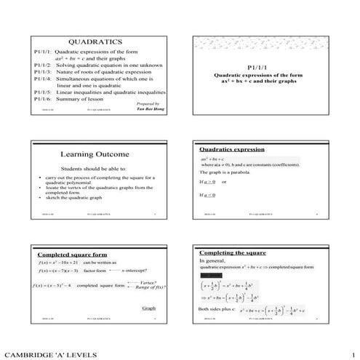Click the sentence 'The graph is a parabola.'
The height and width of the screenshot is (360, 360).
point(227,172)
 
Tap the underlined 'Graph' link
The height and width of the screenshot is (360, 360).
point(148,308)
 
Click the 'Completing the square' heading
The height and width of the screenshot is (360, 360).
point(233,251)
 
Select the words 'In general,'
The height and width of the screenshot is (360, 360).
point(213,260)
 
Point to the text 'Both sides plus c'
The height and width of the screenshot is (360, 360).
point(217,309)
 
